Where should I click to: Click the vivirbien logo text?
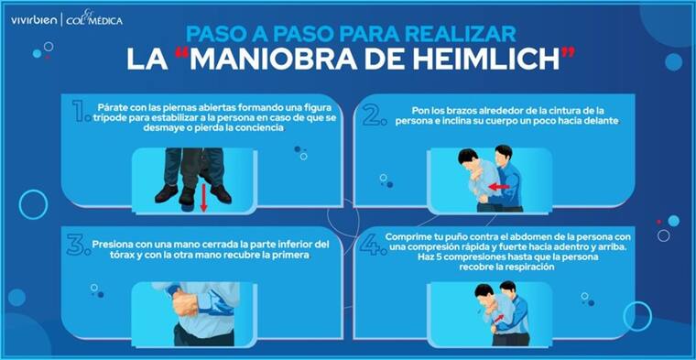point(34,20)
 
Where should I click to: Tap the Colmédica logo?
point(94,19)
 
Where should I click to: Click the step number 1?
point(81,111)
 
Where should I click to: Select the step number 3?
point(79,245)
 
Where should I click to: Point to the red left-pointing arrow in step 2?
point(498,188)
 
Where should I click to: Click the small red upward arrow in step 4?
point(499,318)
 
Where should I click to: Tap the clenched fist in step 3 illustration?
point(185,303)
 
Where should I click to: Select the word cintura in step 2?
point(560,111)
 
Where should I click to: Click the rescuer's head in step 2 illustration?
point(504,154)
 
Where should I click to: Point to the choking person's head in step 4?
point(484,293)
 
